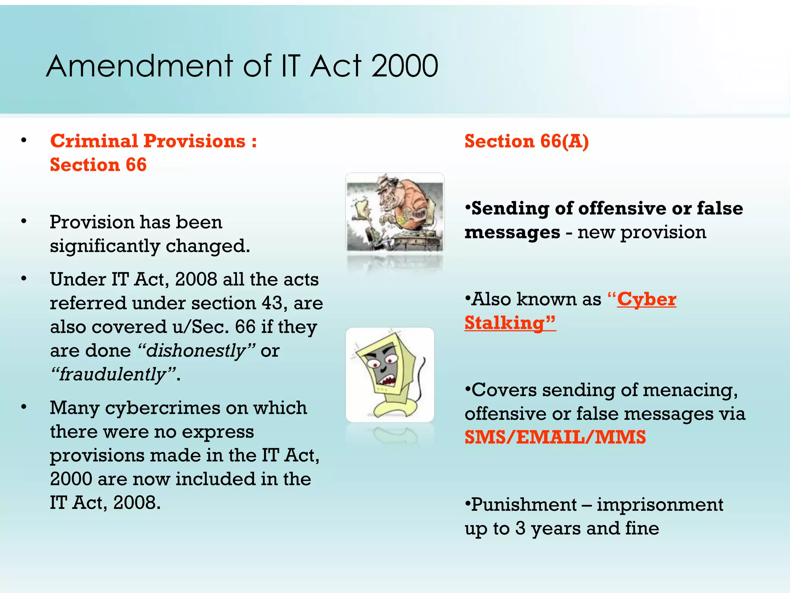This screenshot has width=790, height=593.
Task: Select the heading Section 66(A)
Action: click(x=526, y=141)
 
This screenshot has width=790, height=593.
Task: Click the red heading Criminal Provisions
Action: click(x=148, y=141)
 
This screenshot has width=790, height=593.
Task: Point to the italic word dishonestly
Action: click(x=196, y=351)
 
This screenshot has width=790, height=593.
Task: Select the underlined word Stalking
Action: click(x=505, y=323)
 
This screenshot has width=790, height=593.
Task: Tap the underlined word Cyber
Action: click(x=647, y=300)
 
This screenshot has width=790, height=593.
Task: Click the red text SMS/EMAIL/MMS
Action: click(x=555, y=437)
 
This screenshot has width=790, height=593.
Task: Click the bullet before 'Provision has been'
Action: click(x=24, y=222)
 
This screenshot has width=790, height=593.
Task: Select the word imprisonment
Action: click(x=660, y=505)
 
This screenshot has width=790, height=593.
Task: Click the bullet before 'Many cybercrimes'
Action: click(x=24, y=407)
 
